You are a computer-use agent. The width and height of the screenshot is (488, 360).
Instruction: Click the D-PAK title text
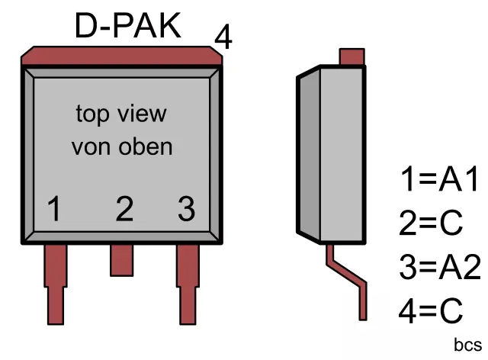[x=128, y=27]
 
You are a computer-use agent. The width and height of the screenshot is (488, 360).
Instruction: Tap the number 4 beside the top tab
[x=223, y=37]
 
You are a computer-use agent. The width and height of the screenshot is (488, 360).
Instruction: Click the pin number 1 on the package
[x=53, y=208]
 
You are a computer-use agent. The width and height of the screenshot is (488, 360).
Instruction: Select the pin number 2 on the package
[x=124, y=208]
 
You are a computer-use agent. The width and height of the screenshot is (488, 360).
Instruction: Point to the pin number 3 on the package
[x=186, y=208]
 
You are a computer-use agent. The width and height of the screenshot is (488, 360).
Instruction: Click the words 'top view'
[x=120, y=114]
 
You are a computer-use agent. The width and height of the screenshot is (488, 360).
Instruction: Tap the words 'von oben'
[x=122, y=146]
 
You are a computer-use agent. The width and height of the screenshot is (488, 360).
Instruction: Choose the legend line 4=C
[x=431, y=310]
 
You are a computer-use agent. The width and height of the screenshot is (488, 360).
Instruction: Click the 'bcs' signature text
[x=467, y=345]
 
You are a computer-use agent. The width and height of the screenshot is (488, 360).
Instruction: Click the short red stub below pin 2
[x=122, y=259]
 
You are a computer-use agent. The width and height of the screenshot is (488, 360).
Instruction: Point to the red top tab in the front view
[x=122, y=56]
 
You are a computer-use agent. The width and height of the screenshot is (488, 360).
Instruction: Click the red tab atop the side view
[x=351, y=57]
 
